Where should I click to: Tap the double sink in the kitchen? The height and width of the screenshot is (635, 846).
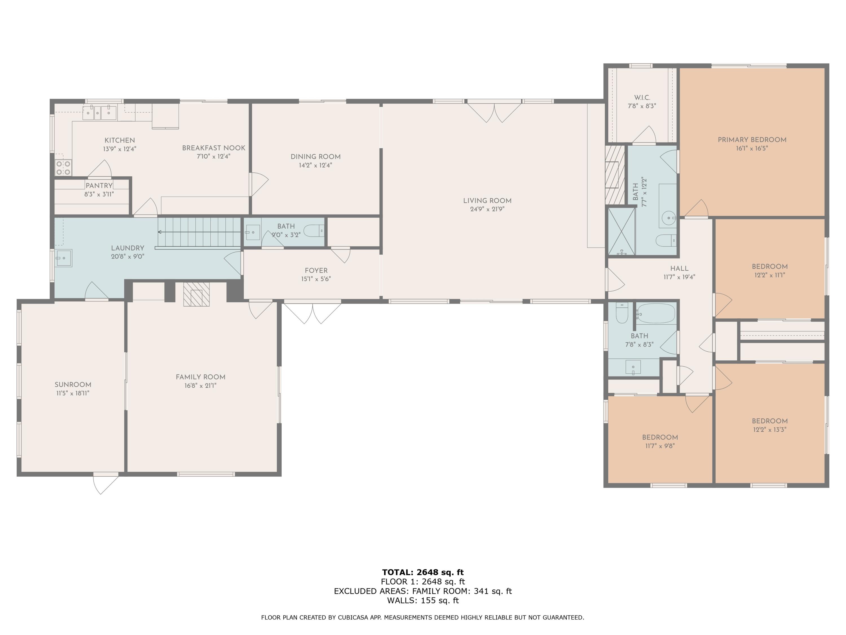point(100,112)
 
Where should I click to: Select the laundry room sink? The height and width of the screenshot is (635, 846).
point(63,258)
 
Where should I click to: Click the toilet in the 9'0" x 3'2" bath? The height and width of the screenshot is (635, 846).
point(314,231)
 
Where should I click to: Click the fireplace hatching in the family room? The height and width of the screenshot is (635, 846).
point(197,294)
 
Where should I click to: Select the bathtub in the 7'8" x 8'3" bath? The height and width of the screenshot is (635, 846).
point(656,314)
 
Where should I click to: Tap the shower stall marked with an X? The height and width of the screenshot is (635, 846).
point(622,231)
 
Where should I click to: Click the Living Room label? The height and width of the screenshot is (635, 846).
point(487,201)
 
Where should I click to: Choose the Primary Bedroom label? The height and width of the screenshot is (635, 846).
point(752,140)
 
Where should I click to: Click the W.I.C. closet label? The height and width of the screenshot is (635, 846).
point(642,98)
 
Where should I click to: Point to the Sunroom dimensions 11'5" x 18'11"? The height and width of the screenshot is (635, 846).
point(73,393)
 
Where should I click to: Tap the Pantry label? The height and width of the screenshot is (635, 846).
point(99,186)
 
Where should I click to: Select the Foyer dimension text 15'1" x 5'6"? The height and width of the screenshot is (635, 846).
point(316,279)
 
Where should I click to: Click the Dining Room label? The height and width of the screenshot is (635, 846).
point(316,157)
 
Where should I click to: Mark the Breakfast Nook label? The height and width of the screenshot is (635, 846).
point(214,148)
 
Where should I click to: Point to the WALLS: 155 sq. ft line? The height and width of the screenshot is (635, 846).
point(423,600)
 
